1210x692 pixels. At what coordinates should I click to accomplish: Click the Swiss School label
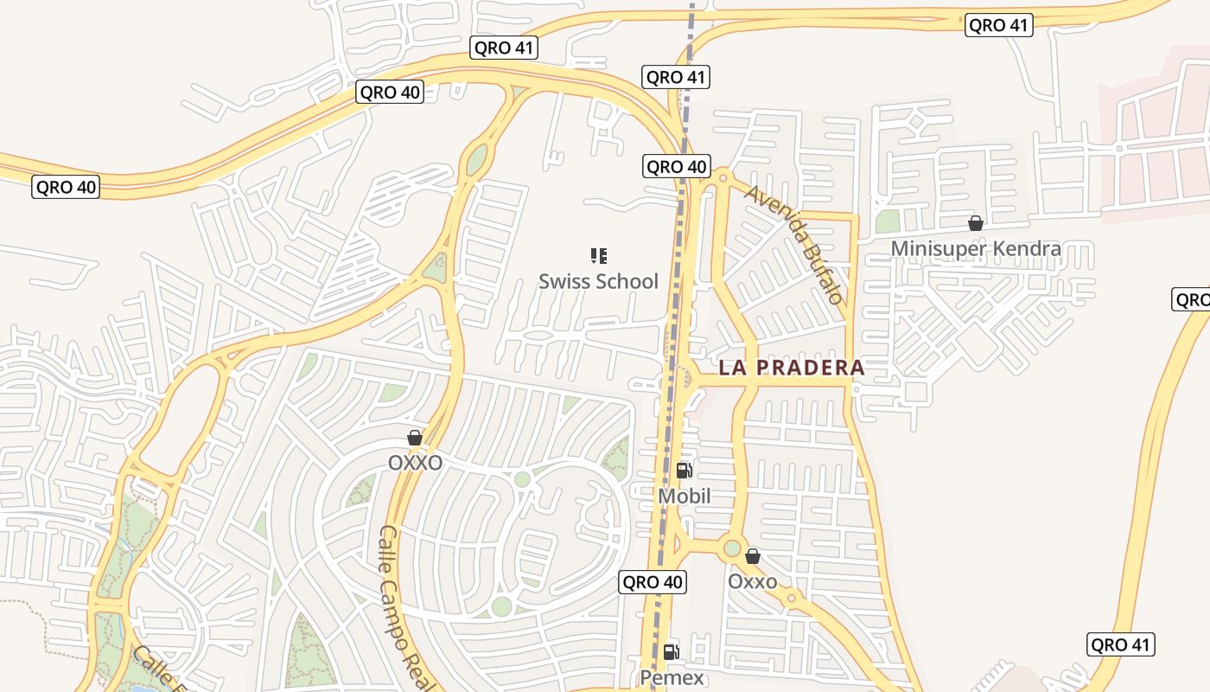598,281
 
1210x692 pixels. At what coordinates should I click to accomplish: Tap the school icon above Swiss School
598,256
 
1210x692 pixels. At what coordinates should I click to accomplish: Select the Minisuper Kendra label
976,249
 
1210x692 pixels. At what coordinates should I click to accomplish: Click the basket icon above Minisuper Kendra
976,224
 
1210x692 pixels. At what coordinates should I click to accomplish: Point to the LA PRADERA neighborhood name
792,368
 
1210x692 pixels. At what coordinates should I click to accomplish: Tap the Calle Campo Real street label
404,605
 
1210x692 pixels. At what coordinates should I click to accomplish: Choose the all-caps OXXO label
415,463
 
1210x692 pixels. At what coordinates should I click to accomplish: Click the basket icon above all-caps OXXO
415,438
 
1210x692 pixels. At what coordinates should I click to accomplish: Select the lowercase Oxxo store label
752,581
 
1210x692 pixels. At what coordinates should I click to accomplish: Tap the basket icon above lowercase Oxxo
753,556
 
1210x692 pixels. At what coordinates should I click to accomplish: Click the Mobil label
685,497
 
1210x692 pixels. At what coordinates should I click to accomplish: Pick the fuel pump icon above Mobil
684,471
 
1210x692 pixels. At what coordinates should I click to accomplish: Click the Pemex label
672,677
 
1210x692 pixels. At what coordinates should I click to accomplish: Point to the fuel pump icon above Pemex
672,651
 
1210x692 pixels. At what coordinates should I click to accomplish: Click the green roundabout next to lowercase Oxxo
733,548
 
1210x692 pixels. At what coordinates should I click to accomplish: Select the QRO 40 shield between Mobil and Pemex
653,582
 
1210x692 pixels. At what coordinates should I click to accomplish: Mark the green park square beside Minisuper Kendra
888,222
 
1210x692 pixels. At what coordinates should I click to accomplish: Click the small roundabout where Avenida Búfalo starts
724,177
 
